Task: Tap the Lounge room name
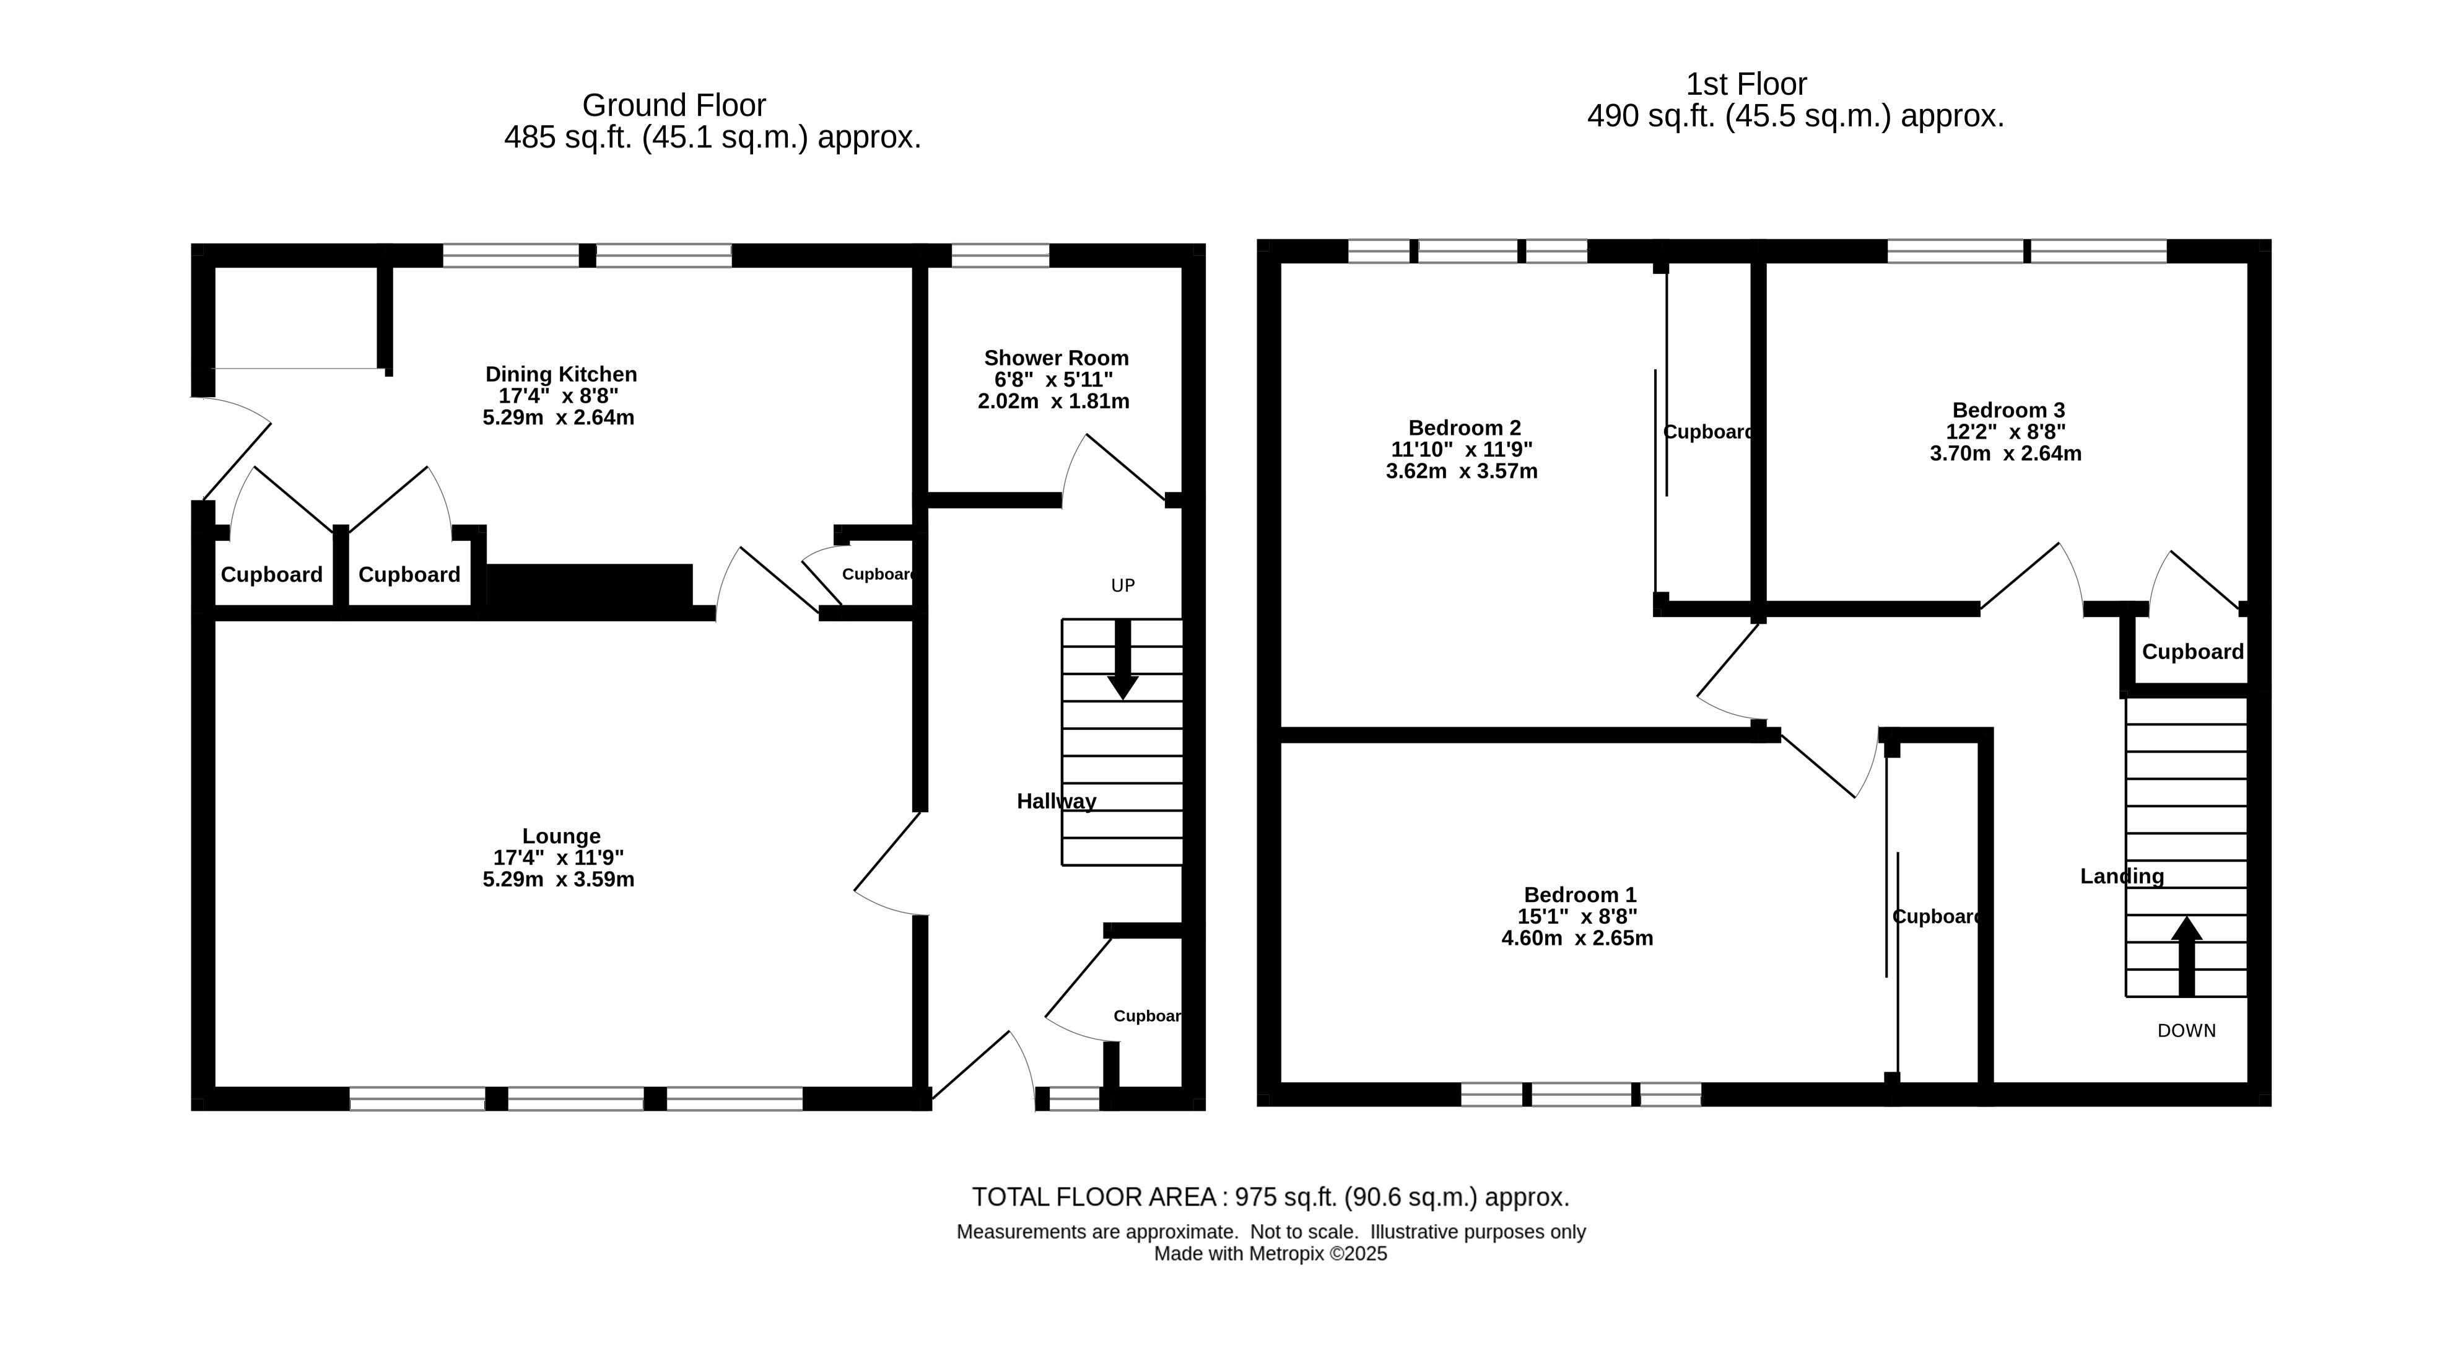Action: (x=561, y=837)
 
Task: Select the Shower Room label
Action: (x=1057, y=359)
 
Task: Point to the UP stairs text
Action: (x=1122, y=585)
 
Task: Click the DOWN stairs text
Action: (x=2187, y=1031)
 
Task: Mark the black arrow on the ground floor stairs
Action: (x=1122, y=660)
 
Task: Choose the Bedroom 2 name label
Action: (x=1465, y=428)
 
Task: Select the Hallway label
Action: (x=1057, y=801)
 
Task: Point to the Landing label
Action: (x=2122, y=876)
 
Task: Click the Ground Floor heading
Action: (x=674, y=105)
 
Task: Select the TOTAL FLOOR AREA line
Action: (x=1271, y=1197)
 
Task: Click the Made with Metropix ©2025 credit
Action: (x=1271, y=1253)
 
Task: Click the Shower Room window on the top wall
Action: (x=1000, y=255)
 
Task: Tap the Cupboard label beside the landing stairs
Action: (x=2192, y=652)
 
